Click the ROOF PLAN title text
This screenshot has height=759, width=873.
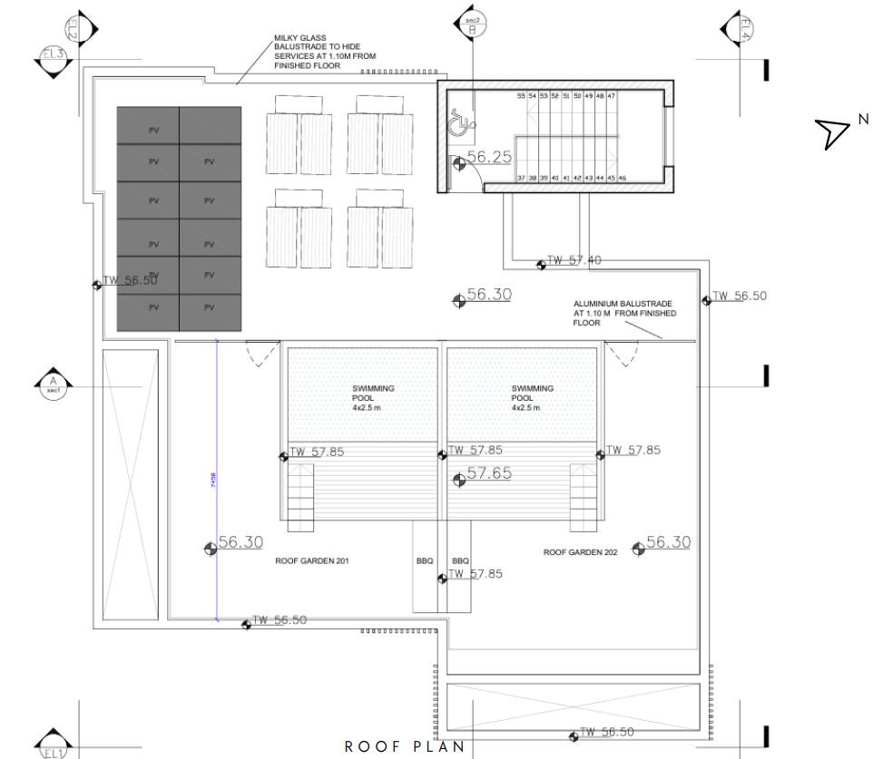tap(405, 747)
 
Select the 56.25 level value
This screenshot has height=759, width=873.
tap(489, 157)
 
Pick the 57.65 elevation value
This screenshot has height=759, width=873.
tap(489, 473)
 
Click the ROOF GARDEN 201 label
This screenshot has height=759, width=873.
tap(312, 561)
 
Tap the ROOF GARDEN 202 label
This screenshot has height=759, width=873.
tap(581, 551)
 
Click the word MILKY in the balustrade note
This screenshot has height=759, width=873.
tap(287, 39)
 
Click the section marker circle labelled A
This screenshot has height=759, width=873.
tap(53, 385)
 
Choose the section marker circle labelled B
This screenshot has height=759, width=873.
tap(472, 25)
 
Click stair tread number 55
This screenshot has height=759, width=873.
tap(521, 95)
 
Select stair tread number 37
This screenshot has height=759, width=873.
tap(521, 179)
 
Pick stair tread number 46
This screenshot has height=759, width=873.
tap(623, 179)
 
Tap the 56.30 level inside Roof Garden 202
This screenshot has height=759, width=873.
tap(669, 542)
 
